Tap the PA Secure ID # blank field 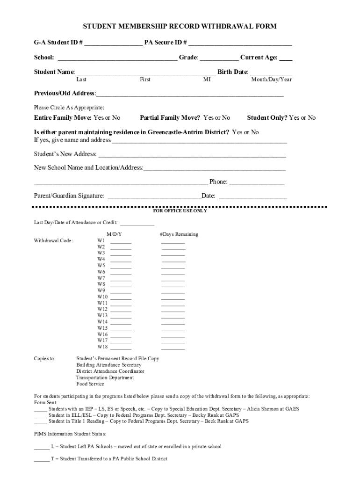point(240,44)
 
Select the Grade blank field point(219,58)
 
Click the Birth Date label point(232,72)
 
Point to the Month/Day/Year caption point(272,80)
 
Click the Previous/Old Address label point(65,94)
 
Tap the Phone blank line point(257,182)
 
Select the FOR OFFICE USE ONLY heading point(180,211)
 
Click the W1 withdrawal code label point(101,240)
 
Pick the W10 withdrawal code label point(102,297)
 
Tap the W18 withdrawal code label point(102,347)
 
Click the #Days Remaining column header point(179,234)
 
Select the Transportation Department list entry point(105,377)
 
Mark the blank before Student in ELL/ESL point(40,415)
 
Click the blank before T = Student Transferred point(41,459)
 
